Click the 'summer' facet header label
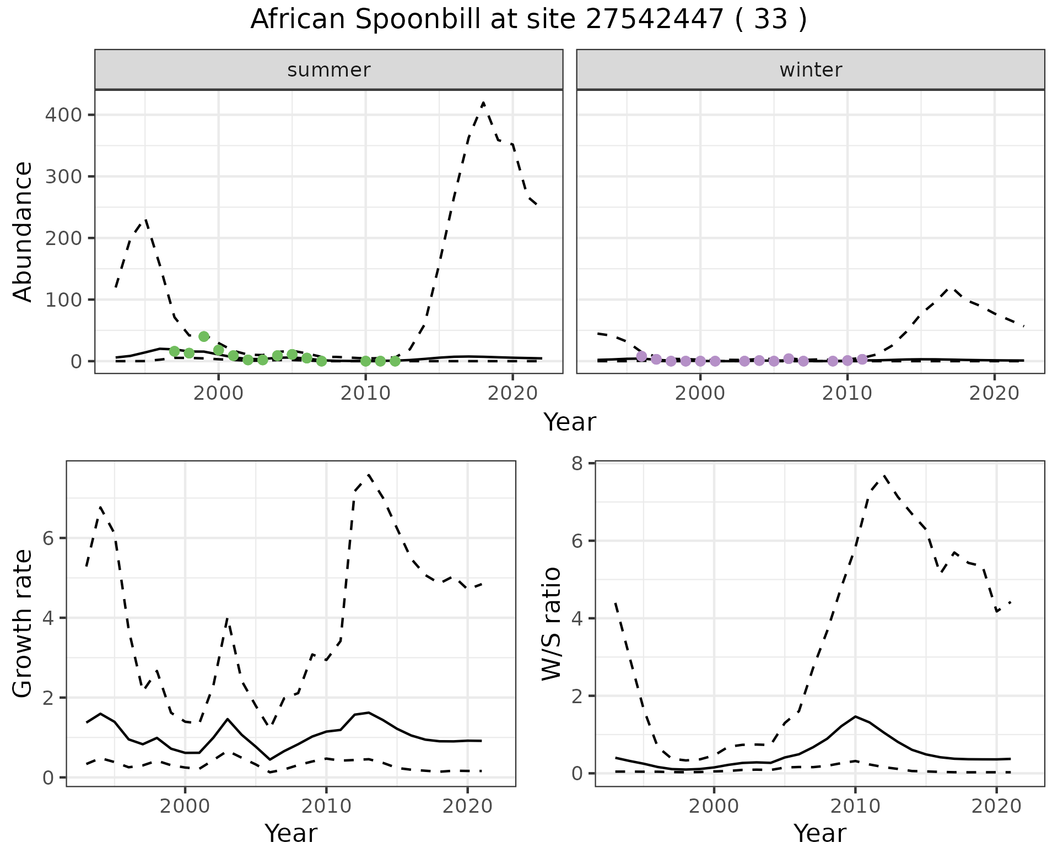(329, 70)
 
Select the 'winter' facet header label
(811, 70)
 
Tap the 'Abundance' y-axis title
(23, 231)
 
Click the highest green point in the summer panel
(204, 336)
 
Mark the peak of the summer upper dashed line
(483, 103)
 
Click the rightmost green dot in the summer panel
(395, 361)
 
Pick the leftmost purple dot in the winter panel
(641, 356)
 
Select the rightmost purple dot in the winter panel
(862, 360)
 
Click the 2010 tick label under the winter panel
(848, 393)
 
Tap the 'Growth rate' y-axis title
(23, 623)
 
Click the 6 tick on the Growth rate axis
(48, 538)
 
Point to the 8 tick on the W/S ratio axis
(577, 464)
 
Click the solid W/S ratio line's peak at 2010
(855, 716)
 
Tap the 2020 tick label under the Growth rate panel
(467, 807)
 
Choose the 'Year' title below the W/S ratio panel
(819, 834)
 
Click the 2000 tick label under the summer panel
(219, 393)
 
